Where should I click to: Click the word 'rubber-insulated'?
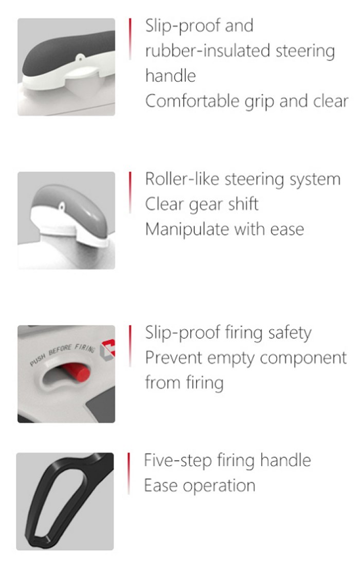coord(208,50)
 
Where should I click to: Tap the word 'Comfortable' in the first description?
coord(192,101)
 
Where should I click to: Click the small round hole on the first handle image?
coord(80,57)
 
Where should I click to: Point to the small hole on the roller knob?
coord(62,206)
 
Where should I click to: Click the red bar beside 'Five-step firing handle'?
coord(129,473)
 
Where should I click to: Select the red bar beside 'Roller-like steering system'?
coord(130,192)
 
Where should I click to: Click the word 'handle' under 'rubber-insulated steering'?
coord(171,76)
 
